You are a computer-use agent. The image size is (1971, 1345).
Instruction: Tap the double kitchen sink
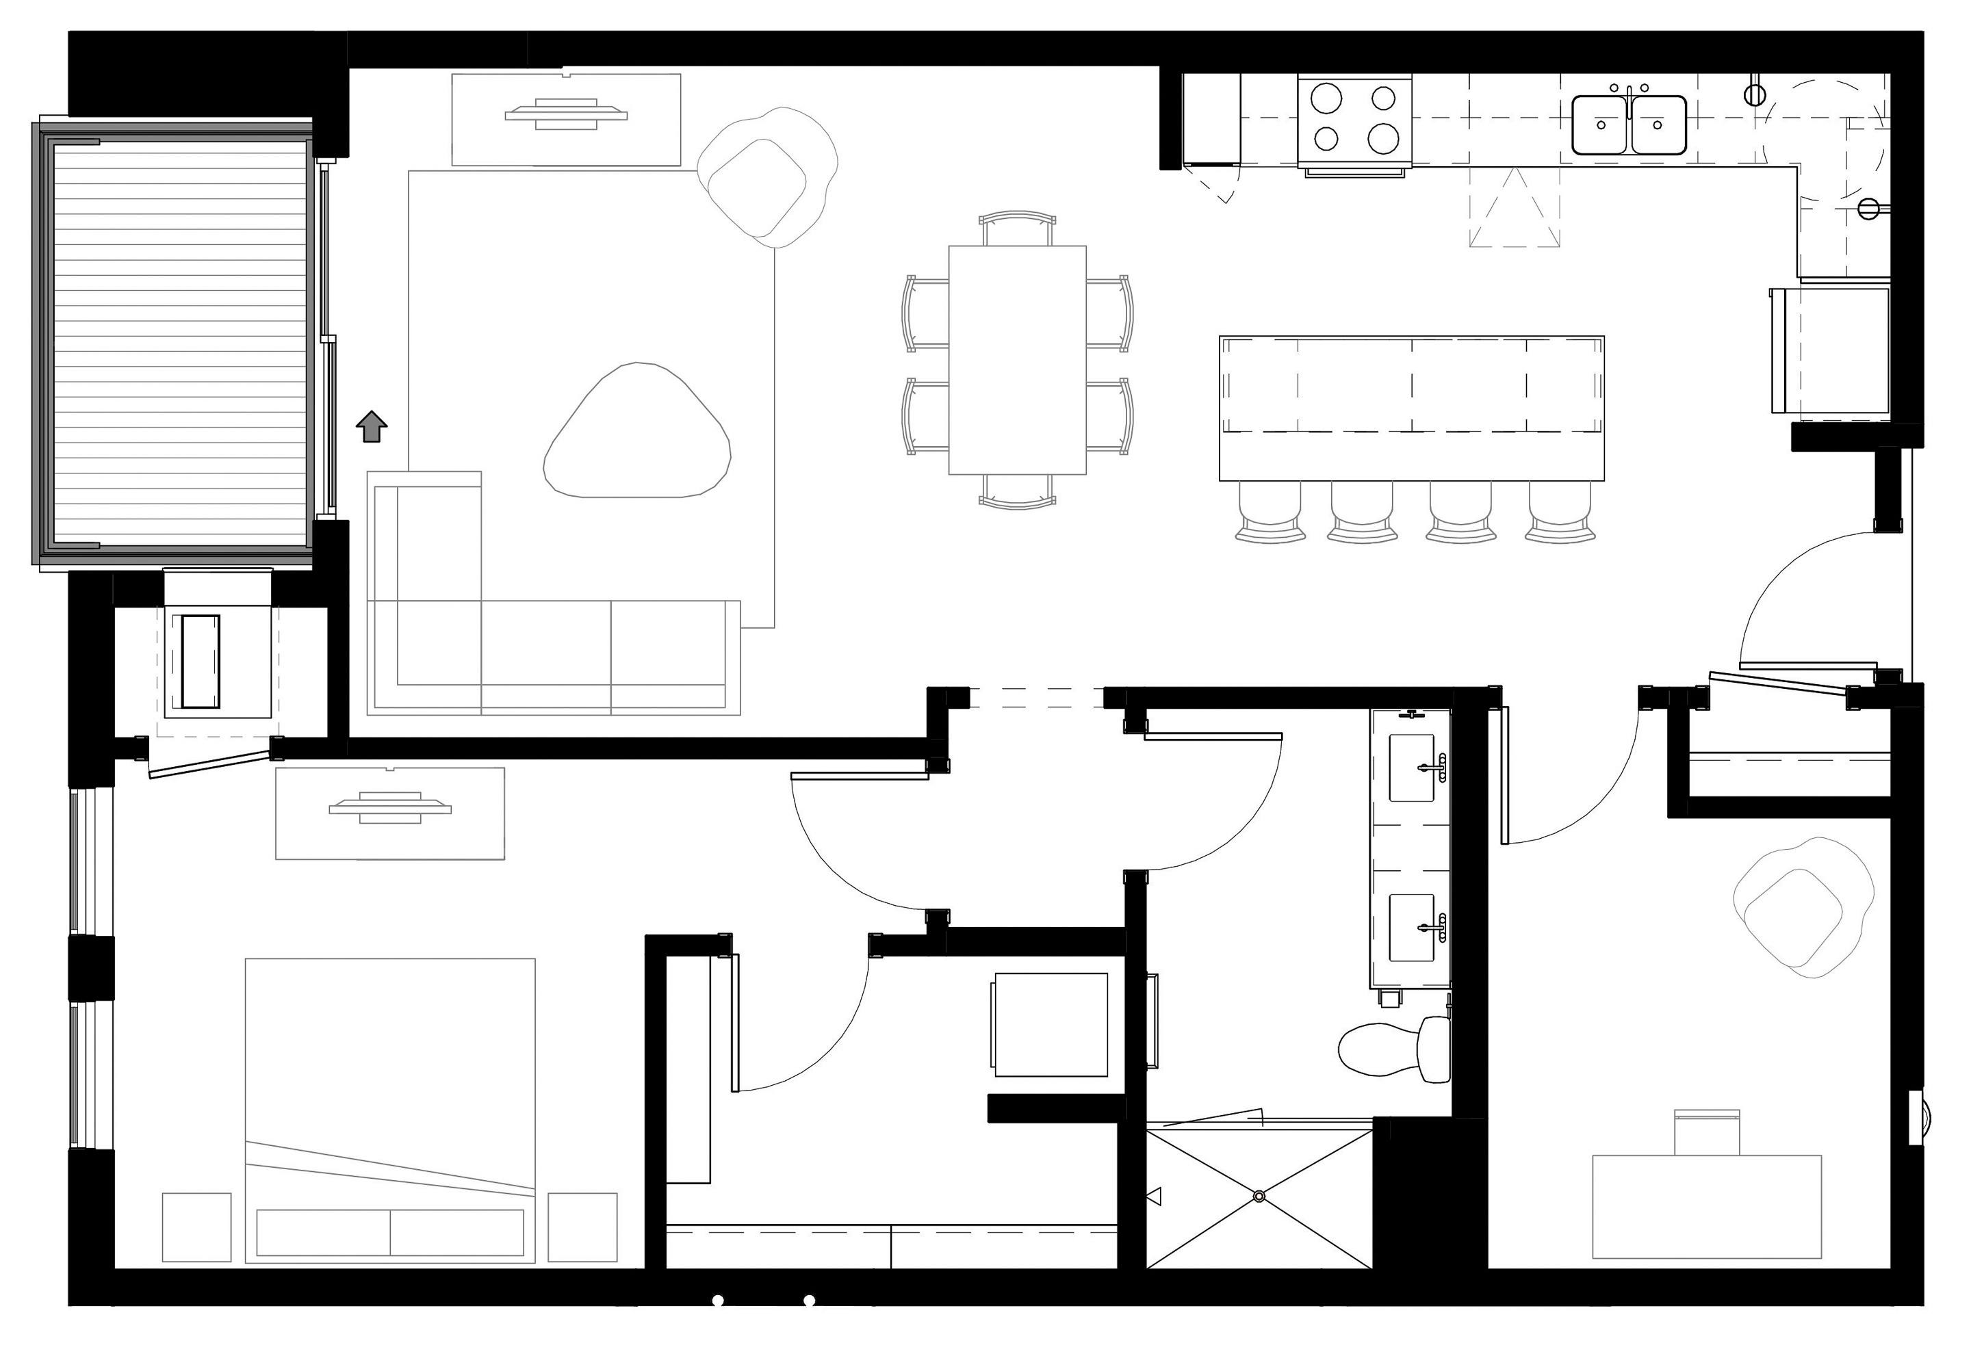[1628, 125]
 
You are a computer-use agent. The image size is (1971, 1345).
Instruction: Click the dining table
[1017, 360]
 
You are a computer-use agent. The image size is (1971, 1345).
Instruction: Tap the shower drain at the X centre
[1259, 1196]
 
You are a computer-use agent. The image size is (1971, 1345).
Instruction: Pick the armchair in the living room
[766, 178]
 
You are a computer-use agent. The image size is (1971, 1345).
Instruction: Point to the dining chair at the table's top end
[1017, 230]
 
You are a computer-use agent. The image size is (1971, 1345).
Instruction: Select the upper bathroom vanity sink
[1412, 767]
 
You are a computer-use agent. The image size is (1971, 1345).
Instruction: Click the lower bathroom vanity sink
[1412, 928]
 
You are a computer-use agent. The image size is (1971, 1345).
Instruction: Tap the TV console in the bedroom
[390, 813]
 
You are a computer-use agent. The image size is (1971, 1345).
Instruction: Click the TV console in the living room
[566, 119]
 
